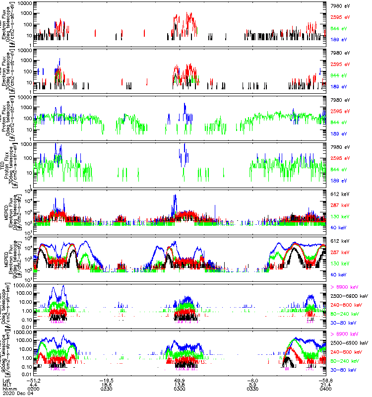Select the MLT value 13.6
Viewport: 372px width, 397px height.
click(180, 384)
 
